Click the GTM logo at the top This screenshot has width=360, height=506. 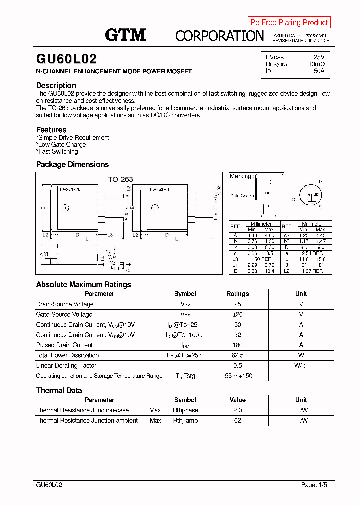pos(125,34)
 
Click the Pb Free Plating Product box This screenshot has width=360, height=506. pos(289,22)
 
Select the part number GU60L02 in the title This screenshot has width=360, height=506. pos(66,59)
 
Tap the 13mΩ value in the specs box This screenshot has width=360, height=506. pos(316,64)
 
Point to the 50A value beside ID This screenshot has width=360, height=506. pos(319,71)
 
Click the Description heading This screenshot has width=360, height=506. pos(56,85)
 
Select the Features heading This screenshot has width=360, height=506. pos(51,130)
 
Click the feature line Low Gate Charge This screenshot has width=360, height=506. pos(61,145)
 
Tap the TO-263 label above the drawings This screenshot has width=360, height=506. pos(121,179)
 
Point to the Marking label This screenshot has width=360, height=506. pos(240,176)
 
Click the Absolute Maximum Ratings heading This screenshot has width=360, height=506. pos(83,284)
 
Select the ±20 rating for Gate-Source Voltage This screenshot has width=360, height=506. pos(237,314)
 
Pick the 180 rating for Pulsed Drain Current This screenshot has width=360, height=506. pos(237,345)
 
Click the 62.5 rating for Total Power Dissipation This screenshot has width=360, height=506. pos(237,355)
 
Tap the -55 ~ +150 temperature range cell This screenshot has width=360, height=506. pos(237,376)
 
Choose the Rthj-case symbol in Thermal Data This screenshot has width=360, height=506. pos(185,410)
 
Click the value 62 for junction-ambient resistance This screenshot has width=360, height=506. pos(237,421)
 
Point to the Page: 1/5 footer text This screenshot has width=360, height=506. pos(315,485)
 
